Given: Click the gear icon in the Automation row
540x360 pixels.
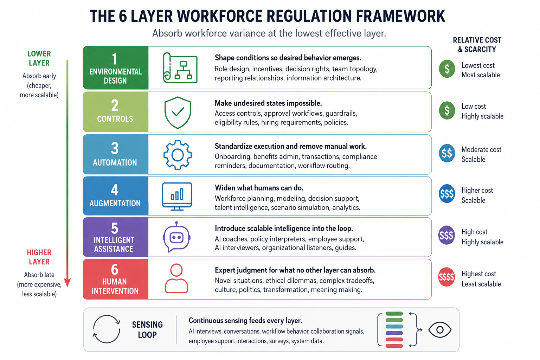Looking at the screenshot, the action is [x=178, y=155].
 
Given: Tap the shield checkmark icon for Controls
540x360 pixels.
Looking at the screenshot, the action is [x=178, y=112].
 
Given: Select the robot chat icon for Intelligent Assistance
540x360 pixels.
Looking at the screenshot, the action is [x=177, y=237].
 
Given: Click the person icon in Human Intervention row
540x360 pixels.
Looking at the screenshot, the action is [x=176, y=278].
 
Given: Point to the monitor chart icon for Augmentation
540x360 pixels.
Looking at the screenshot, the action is [x=177, y=197].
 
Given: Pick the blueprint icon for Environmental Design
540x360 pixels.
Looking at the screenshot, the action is [x=180, y=68].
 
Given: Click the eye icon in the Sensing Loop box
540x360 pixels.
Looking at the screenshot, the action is [x=440, y=330].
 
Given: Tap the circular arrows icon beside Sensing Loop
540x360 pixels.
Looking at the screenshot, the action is [x=106, y=329].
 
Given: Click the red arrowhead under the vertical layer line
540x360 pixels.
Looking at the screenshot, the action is [x=67, y=282].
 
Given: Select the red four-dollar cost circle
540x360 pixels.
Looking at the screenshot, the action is [x=446, y=277].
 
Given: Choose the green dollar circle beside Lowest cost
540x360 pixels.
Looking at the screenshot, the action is [x=447, y=69].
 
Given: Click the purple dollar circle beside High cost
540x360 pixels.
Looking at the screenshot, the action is [x=446, y=235].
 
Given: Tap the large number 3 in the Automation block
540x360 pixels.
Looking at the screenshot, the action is [x=115, y=148].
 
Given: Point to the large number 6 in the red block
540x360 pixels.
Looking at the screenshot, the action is [x=115, y=270].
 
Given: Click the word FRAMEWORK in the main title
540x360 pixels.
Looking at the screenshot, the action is [x=400, y=17].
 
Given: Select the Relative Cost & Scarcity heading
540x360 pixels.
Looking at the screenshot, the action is [x=477, y=45].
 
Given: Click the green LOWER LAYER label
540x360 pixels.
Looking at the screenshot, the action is [x=39, y=58].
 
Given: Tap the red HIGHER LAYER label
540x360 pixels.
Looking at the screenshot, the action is [x=39, y=257].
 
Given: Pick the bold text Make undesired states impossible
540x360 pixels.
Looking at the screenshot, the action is [x=268, y=103].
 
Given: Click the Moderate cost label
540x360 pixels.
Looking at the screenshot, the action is [x=481, y=149].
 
